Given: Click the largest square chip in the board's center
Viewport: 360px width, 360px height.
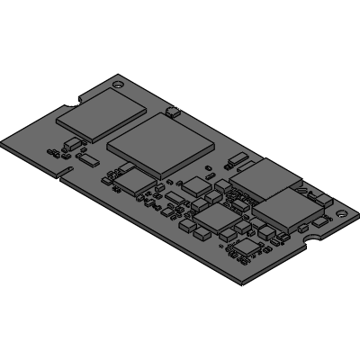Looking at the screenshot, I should (163, 144).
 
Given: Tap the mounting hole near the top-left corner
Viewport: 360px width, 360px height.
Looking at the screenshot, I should (117, 82).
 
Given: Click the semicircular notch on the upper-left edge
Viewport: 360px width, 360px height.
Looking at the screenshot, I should (80, 96).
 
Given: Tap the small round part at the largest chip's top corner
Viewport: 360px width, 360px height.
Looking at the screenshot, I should (173, 112).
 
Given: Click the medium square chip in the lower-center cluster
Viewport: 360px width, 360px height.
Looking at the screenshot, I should (215, 218).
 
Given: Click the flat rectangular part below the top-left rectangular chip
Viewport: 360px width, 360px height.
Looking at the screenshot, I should (89, 159).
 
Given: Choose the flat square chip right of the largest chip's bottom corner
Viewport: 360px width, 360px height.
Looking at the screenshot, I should (197, 185).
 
